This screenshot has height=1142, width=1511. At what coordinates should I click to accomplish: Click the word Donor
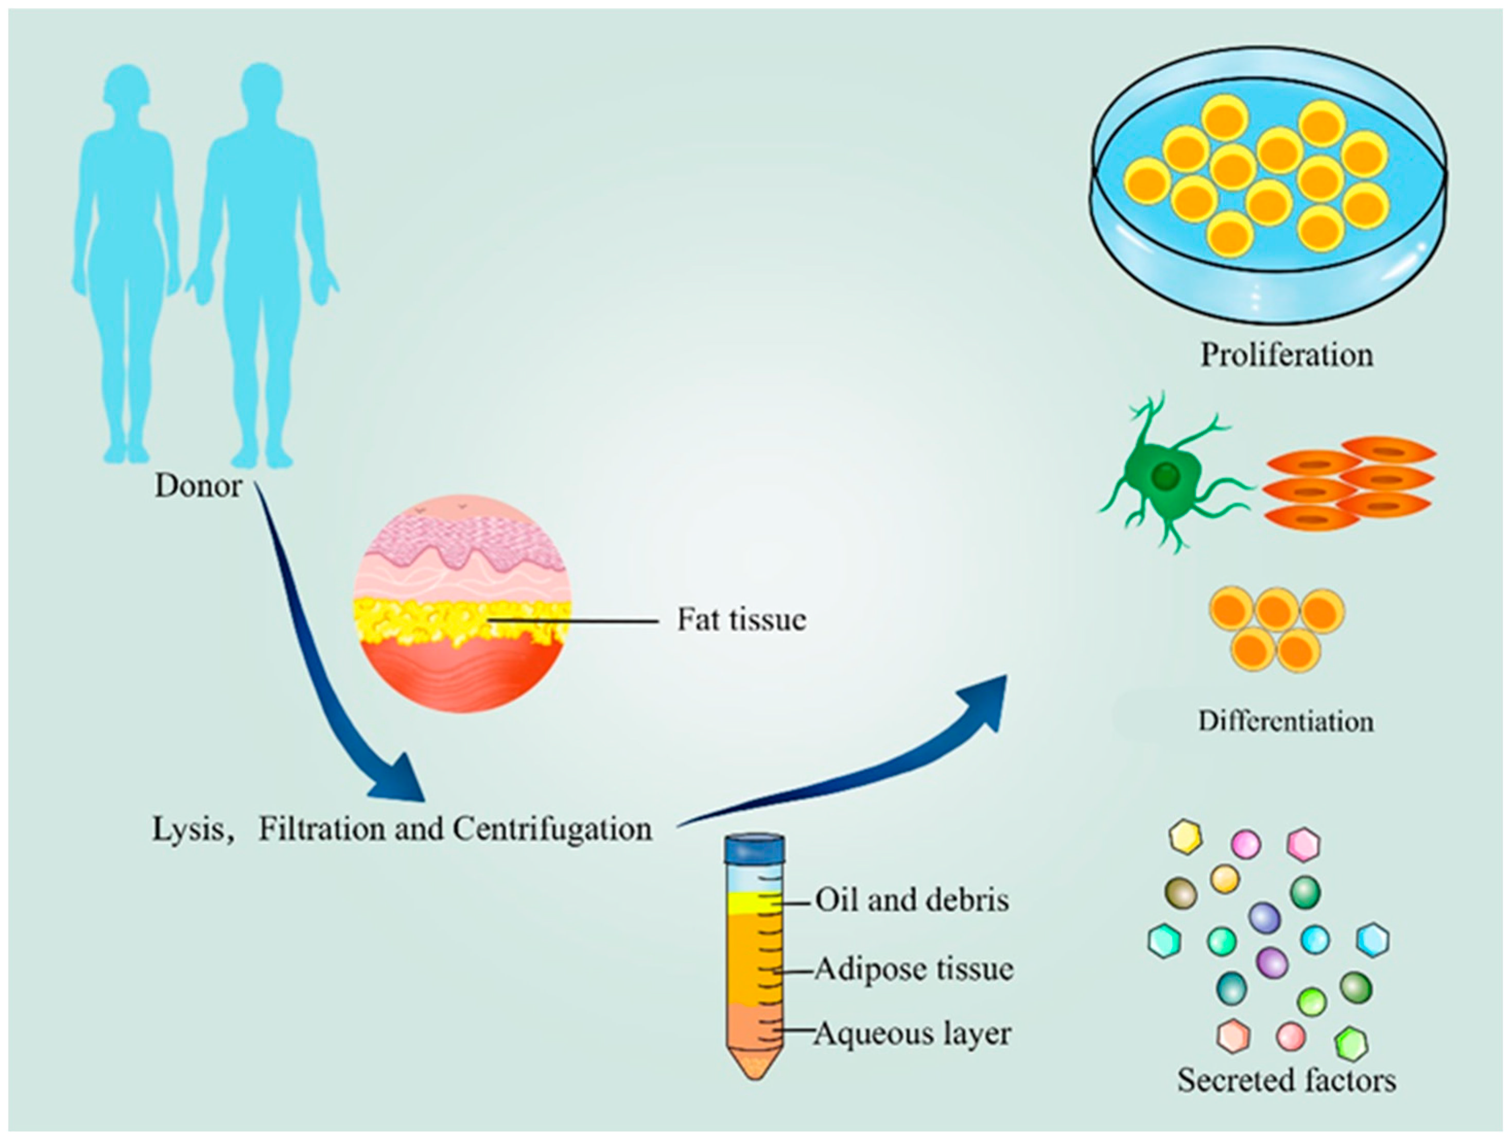click(198, 486)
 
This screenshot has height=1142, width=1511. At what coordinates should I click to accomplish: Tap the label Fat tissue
click(741, 620)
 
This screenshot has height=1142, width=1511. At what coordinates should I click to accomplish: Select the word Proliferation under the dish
click(1287, 355)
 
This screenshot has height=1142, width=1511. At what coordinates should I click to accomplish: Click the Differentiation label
click(1286, 722)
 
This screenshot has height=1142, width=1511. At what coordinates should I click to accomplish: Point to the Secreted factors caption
click(1286, 1081)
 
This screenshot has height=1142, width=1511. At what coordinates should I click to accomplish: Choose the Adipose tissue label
click(914, 968)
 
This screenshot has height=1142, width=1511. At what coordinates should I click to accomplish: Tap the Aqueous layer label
click(912, 1033)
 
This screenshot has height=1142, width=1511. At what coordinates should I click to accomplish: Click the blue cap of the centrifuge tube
click(755, 849)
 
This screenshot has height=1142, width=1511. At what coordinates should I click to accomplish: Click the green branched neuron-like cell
click(1165, 479)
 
